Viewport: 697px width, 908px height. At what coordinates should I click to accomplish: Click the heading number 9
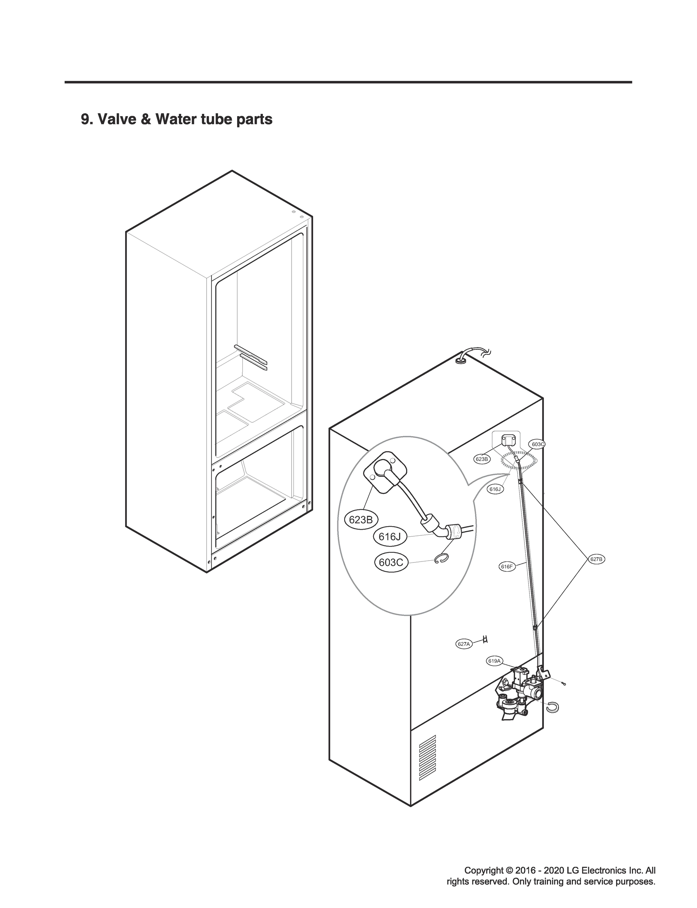pos(85,120)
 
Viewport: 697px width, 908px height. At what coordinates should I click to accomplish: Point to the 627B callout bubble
pos(596,559)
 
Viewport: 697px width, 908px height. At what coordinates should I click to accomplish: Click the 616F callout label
pos(506,566)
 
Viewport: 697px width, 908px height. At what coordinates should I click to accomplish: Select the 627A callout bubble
pos(463,644)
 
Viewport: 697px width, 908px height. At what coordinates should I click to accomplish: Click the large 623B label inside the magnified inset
pos(360,519)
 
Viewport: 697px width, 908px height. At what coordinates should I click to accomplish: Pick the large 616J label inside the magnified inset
pos(390,536)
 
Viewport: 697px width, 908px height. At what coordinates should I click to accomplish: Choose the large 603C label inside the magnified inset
pos(391,562)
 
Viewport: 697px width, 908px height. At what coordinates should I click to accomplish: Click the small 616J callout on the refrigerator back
pos(495,489)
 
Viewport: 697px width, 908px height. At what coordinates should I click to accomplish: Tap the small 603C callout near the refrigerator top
pos(538,444)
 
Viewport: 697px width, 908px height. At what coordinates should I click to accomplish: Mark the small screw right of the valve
pos(563,684)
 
